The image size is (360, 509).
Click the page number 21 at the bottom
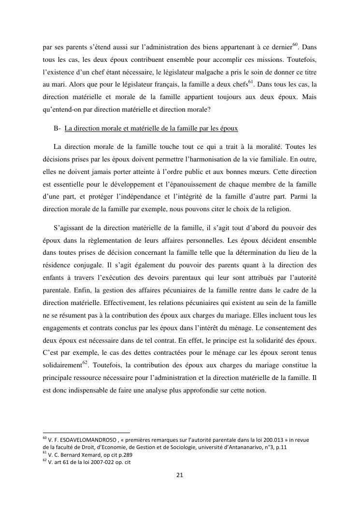tap(179, 475)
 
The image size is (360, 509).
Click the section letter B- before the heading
tap(58, 129)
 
